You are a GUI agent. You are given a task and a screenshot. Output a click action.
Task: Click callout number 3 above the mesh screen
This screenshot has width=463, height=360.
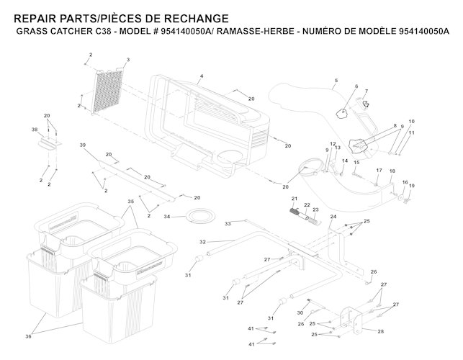point(127,59)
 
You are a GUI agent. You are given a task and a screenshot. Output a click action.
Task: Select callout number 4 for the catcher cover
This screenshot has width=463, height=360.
point(202,76)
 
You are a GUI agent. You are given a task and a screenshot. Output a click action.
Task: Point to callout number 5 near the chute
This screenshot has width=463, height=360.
point(336,79)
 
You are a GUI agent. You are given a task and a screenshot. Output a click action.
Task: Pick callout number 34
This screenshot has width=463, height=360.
point(166,216)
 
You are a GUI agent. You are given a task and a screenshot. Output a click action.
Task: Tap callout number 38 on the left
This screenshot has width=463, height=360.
point(34,130)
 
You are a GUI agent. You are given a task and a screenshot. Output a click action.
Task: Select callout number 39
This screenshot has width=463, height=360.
point(83,145)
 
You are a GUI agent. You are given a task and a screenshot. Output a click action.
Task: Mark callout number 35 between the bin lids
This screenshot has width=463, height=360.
point(131,202)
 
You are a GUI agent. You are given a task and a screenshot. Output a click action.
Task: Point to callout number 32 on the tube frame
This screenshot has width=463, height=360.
point(202,242)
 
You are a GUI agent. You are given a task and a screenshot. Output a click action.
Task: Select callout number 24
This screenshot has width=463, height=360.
point(333,216)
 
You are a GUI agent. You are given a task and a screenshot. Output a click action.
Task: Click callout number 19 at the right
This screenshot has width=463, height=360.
point(412,186)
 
